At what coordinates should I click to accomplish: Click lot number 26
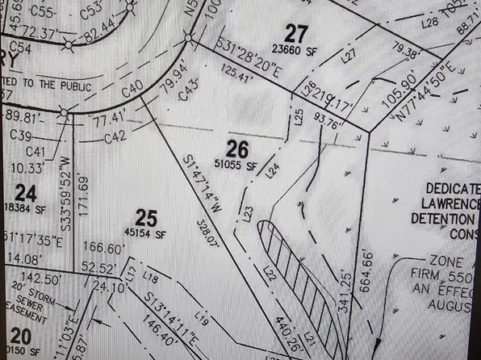[x=236, y=149]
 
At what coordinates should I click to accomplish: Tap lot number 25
[x=145, y=216]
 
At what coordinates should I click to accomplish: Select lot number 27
[x=296, y=33]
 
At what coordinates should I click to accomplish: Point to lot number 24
[x=26, y=194]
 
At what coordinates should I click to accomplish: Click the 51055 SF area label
[x=241, y=165]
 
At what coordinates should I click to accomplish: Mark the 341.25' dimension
[x=347, y=287]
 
